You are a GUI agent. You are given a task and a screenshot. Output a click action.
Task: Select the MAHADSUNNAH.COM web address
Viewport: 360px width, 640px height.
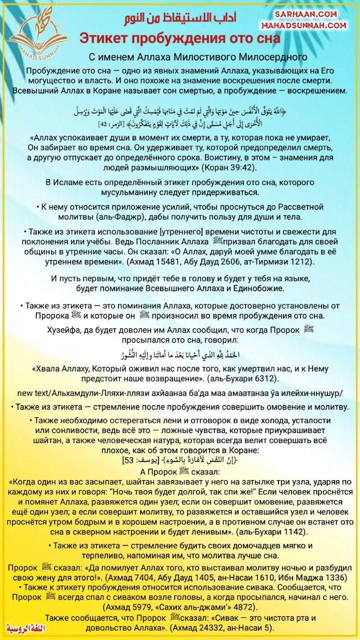tap(304, 24)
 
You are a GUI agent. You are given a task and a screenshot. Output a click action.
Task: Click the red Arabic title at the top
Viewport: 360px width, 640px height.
tap(180, 18)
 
